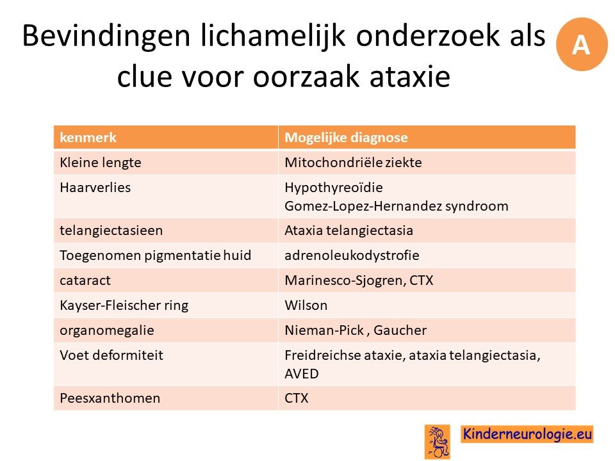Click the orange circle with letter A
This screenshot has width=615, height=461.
581,44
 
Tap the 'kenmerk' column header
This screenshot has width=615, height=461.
88,138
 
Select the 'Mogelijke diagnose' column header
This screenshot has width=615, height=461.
346,138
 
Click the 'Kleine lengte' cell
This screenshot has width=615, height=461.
101,162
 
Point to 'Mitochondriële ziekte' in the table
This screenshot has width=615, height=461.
353,162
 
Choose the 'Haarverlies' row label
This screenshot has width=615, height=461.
95,188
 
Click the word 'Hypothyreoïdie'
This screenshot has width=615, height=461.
334,188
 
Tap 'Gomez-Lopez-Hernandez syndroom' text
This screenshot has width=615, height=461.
397,206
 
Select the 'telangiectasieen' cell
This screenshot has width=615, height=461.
111,230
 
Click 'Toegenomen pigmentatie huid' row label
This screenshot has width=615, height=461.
155,255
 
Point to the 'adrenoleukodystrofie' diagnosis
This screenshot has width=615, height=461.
352,255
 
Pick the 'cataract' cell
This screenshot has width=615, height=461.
85,280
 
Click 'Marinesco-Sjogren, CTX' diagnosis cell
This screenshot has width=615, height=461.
359,280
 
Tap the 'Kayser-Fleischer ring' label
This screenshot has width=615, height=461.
124,305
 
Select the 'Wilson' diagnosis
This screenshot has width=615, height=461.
306,305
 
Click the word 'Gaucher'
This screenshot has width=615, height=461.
400,330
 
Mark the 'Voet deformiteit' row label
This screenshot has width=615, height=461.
111,355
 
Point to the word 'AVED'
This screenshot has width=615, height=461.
302,374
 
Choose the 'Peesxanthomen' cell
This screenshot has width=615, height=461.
110,398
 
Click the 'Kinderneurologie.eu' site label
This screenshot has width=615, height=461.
527,434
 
